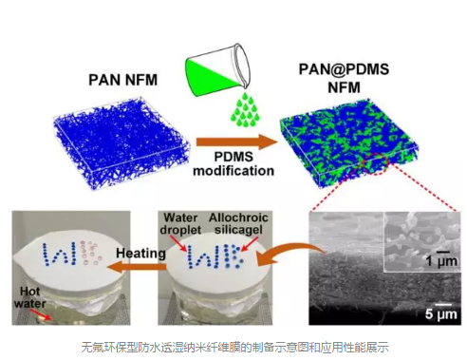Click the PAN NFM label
pos(122,80)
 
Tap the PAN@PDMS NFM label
pos(344,78)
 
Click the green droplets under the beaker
pos(244,110)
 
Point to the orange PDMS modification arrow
pos(237,142)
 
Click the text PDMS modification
pos(233,163)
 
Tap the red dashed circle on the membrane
pos(375,163)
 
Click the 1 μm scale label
pos(441,261)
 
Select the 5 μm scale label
pos(441,314)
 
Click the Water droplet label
pos(180,223)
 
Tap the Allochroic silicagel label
pos(238,223)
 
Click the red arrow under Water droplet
pos(181,244)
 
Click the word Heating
pos(140,254)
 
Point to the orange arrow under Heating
pos(137,267)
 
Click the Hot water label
pos(30,297)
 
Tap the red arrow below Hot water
pos(41,314)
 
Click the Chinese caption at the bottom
pos(234,347)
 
